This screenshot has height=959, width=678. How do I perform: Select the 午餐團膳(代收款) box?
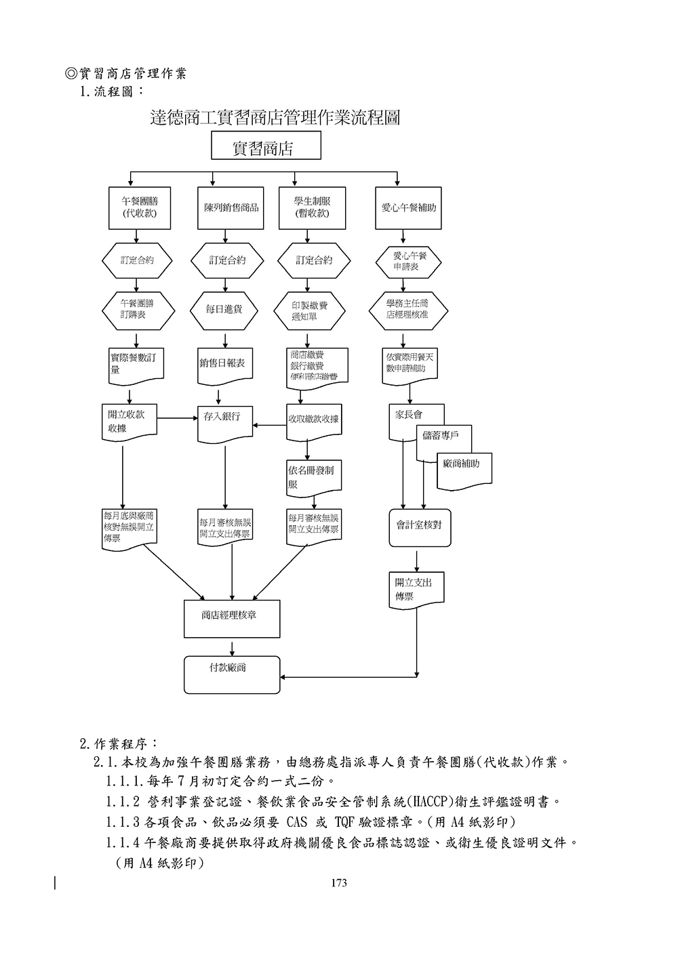coord(138,207)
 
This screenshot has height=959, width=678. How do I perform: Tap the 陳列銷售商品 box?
coord(231,207)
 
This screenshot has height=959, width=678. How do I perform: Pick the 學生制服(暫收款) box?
coord(312,207)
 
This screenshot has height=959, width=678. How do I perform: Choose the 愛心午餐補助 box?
coord(408,207)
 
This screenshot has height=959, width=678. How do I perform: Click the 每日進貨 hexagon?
coord(224,310)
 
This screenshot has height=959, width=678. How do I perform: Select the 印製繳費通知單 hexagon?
coord(308,310)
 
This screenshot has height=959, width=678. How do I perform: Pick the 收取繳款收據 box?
coord(313,420)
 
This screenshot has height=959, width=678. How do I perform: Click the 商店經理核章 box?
coord(232,617)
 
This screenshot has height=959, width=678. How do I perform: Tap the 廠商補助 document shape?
coord(464,469)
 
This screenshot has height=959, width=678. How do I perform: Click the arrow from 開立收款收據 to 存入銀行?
coord(177,417)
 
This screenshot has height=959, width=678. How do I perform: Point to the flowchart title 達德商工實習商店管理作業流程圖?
coord(275,118)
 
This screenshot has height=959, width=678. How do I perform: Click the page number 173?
coord(339,882)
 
